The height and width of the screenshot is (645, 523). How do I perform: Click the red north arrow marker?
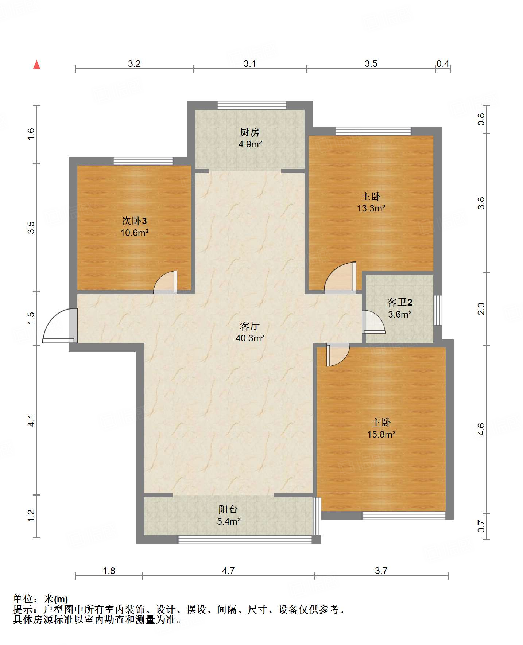click(x=36, y=65)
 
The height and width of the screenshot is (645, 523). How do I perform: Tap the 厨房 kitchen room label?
click(x=250, y=132)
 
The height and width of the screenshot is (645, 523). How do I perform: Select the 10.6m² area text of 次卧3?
click(x=135, y=233)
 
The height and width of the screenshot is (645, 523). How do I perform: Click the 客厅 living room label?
click(x=250, y=326)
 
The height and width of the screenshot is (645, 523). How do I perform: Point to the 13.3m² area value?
click(x=371, y=208)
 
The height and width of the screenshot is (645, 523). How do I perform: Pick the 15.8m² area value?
click(x=381, y=434)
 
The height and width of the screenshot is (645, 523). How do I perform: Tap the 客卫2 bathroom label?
click(x=400, y=302)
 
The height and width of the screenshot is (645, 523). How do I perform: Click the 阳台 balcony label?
click(x=228, y=509)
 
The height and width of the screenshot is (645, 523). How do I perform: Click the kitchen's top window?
click(x=252, y=105)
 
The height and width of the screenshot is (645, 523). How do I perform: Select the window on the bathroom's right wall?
click(x=438, y=310)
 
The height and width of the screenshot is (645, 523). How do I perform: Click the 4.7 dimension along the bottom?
click(x=228, y=571)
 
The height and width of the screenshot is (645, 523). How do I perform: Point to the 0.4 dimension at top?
click(x=443, y=63)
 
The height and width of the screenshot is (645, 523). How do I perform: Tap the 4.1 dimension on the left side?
click(x=31, y=421)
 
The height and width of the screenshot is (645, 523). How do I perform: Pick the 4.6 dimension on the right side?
click(x=481, y=429)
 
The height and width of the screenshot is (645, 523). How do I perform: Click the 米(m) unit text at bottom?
click(x=56, y=599)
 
